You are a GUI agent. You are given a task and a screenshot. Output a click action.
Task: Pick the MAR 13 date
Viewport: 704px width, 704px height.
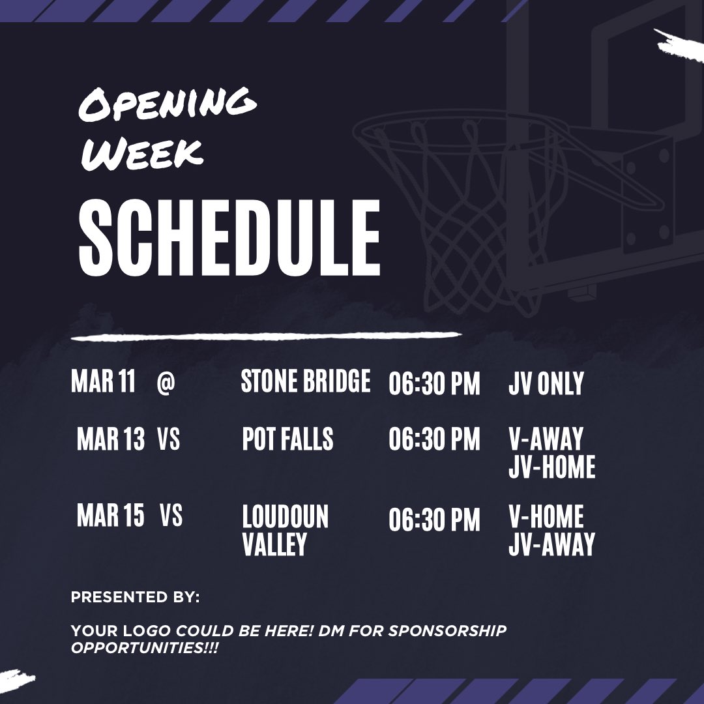tap(111, 440)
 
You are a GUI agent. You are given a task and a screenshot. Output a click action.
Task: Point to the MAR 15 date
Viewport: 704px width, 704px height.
tap(111, 517)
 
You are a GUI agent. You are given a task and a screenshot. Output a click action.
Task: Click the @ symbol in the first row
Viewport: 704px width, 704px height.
tap(166, 383)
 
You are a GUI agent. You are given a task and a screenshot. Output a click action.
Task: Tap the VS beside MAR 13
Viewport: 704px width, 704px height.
tap(168, 440)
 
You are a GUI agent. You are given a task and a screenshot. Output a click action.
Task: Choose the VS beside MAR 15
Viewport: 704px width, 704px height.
tap(171, 517)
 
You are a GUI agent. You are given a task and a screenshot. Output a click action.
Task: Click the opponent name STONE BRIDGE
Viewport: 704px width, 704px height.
tap(305, 382)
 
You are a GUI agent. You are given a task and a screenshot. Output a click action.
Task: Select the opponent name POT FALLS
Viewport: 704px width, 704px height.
tap(287, 440)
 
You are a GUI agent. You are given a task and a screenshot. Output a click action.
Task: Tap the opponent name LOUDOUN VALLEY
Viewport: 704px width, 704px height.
tap(285, 531)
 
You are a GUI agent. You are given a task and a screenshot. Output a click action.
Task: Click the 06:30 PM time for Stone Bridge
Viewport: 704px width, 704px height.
tap(434, 384)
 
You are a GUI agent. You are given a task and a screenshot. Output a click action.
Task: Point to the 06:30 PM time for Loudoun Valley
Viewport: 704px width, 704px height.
tap(434, 520)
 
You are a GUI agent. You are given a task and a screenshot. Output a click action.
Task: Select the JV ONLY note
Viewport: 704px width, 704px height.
tap(546, 384)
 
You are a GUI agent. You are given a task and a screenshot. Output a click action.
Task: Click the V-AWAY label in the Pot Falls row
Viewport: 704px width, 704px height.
tap(546, 440)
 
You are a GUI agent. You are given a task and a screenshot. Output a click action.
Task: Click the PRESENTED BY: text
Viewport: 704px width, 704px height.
tap(136, 596)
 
